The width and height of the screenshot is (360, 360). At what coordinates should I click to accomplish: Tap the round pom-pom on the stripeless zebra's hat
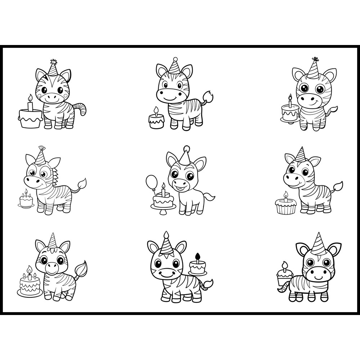pos(186,148)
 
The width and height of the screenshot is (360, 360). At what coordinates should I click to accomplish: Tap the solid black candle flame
pos(197,256)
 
